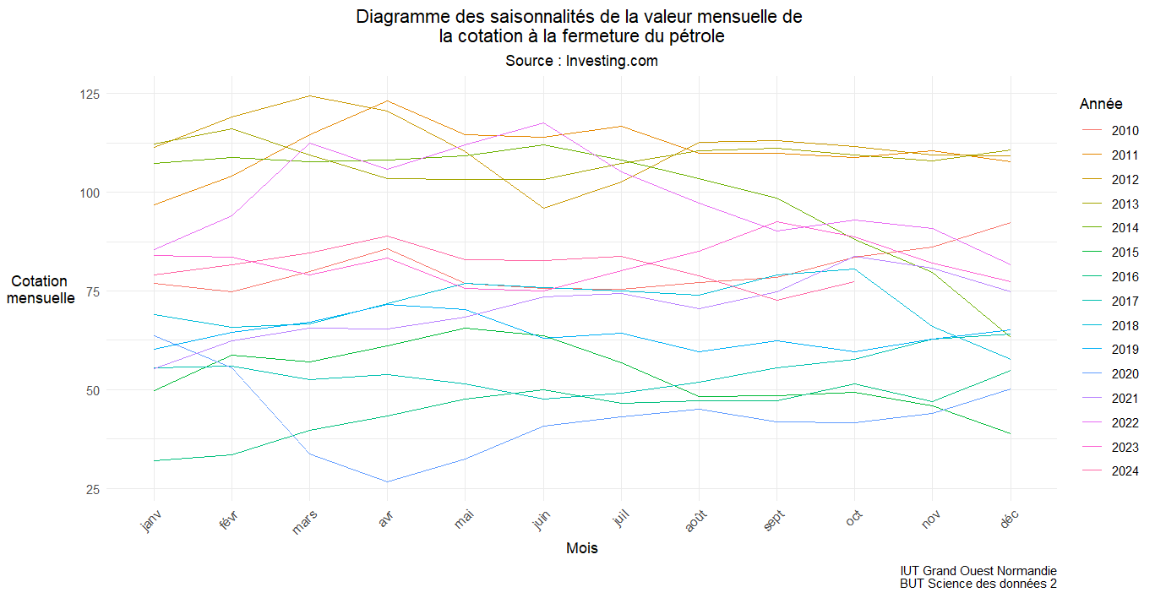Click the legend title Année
click(1101, 104)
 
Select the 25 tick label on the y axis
click(116, 489)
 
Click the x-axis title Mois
click(582, 548)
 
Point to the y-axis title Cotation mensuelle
click(40, 290)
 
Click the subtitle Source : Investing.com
click(581, 61)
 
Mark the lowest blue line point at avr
click(387, 482)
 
